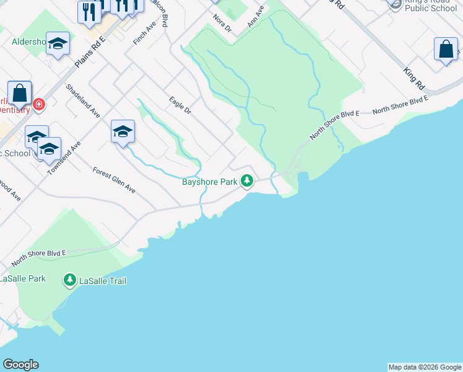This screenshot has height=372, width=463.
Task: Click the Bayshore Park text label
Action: pyautogui.click(x=210, y=182)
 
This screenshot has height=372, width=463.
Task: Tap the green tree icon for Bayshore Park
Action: pyautogui.click(x=247, y=181)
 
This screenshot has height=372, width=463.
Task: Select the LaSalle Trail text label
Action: pyautogui.click(x=103, y=281)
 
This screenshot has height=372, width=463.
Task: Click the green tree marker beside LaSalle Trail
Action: pyautogui.click(x=70, y=281)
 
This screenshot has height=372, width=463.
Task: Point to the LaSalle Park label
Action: pyautogui.click(x=23, y=278)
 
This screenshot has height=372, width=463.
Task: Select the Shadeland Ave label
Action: pyautogui.click(x=82, y=101)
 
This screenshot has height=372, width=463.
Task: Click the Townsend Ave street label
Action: pyautogui.click(x=64, y=157)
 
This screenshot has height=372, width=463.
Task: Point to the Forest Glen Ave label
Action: pyautogui.click(x=114, y=180)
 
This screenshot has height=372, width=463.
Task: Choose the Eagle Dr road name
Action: pyautogui.click(x=180, y=105)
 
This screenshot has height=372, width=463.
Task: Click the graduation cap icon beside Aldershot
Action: pyautogui.click(x=58, y=43)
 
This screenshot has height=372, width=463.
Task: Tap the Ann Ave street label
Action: pyautogui.click(x=256, y=16)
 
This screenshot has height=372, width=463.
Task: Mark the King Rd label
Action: pyautogui.click(x=413, y=77)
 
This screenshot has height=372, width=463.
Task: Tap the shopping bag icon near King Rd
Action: pyautogui.click(x=446, y=50)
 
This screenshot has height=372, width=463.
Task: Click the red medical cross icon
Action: pyautogui.click(x=39, y=104)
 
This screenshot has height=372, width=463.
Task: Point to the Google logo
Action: pyautogui.click(x=20, y=365)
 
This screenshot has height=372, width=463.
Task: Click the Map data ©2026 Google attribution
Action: pyautogui.click(x=425, y=367)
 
